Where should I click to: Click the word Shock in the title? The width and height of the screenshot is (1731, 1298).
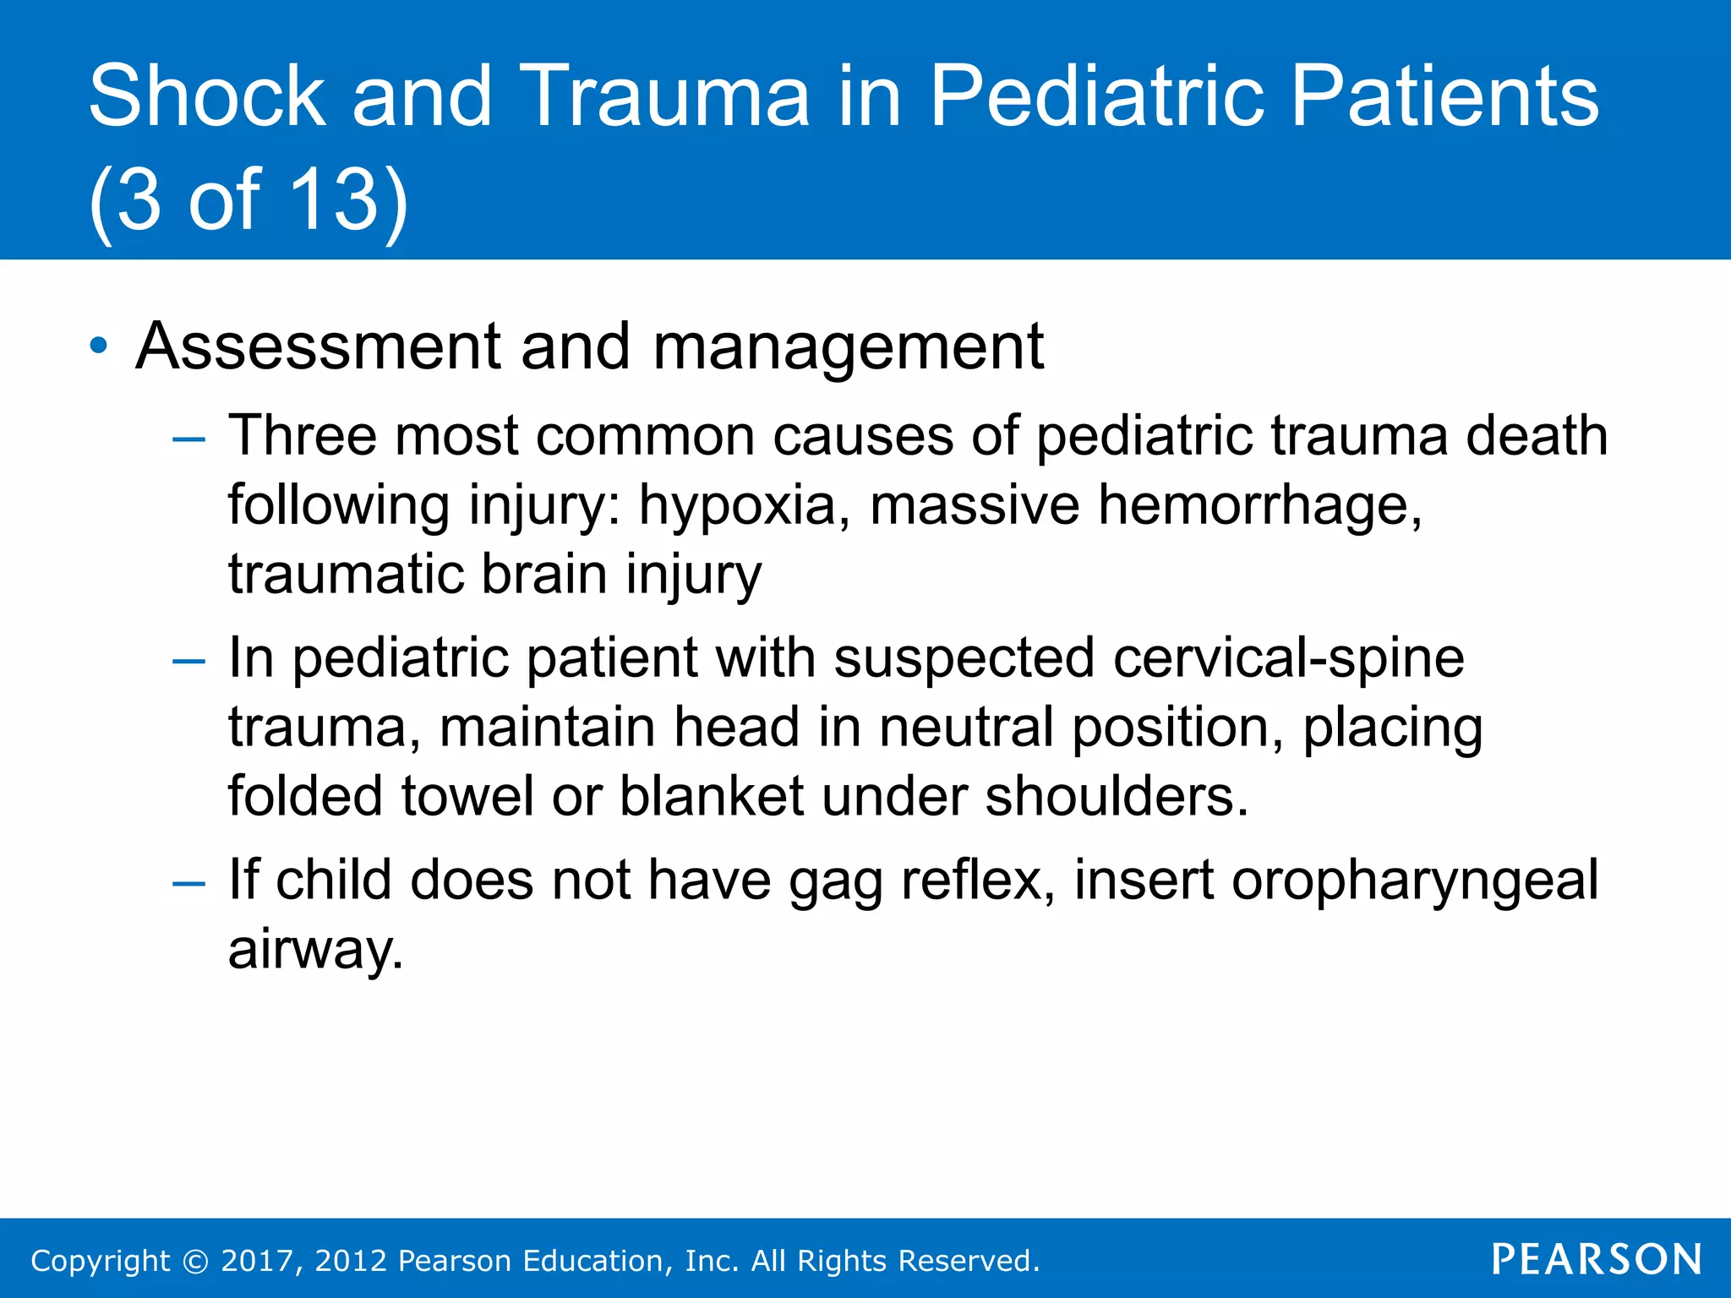tap(206, 97)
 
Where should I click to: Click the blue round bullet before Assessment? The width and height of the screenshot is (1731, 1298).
tap(99, 346)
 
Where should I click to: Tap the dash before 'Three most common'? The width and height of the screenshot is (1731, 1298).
tap(188, 439)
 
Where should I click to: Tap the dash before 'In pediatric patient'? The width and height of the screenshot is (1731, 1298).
tap(188, 661)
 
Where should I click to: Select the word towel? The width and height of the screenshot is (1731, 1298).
tap(467, 796)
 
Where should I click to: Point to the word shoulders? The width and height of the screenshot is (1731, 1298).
tap(1117, 796)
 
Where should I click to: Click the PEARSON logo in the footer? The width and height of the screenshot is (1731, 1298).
tap(1596, 1260)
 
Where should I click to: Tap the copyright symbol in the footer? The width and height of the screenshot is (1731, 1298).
tap(195, 1262)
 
